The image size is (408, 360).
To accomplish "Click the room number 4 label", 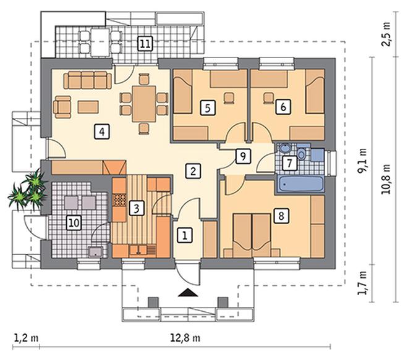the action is tap(102, 132).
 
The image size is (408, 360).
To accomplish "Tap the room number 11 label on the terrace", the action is tap(145, 43).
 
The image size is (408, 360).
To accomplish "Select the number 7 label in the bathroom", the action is tap(290, 163).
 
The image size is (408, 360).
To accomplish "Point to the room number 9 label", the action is tap(244, 156).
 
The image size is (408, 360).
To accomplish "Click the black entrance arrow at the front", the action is tap(188, 293).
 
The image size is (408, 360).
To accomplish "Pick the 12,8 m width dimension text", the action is tap(185, 338).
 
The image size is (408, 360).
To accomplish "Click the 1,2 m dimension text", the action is tap(26, 338).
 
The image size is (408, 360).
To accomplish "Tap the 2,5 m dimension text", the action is tap(386, 35).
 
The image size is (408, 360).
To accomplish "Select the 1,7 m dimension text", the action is tap(362, 283).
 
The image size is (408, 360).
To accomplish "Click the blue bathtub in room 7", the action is tap(300, 184).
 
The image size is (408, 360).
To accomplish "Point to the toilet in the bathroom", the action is tap(301, 154).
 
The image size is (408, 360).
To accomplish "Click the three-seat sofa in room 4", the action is tap(88, 80).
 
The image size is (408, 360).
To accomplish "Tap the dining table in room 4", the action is tap(144, 104).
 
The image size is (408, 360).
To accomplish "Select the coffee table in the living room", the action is tap(88, 107).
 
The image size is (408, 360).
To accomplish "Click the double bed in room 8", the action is tap(252, 235).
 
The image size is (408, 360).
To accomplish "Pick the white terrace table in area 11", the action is tap(100, 43).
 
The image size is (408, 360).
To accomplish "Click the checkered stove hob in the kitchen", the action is tap(119, 201).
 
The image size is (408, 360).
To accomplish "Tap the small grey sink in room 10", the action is tap(95, 251).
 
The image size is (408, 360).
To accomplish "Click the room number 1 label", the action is tap(185, 235).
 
